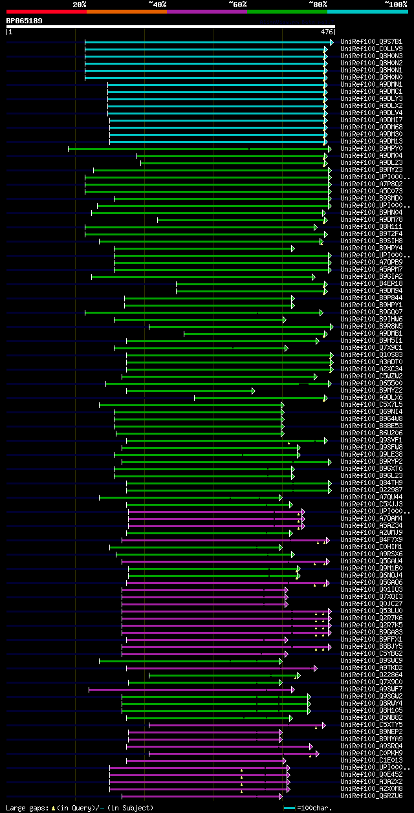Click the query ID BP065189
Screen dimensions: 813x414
(x=25, y=21)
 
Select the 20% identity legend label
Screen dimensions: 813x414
(x=79, y=4)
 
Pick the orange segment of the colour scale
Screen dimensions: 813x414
(x=126, y=12)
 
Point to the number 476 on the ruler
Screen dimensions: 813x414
(x=327, y=31)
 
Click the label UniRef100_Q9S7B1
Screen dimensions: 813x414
(x=371, y=42)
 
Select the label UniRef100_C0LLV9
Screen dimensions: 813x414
(x=371, y=49)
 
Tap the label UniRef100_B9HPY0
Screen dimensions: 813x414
(x=371, y=149)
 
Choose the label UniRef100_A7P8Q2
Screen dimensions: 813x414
(x=371, y=184)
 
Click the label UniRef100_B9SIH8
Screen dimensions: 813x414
(x=371, y=241)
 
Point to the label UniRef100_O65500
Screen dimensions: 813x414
(x=371, y=384)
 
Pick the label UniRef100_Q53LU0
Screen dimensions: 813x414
(x=371, y=611)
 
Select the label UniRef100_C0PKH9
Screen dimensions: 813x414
(x=371, y=753)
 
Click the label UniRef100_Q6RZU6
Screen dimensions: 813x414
(x=371, y=796)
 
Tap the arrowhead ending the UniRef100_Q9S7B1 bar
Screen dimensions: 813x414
(x=332, y=42)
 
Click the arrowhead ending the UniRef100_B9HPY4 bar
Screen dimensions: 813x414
(x=293, y=248)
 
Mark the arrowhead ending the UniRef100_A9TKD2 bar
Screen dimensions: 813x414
(x=316, y=668)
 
